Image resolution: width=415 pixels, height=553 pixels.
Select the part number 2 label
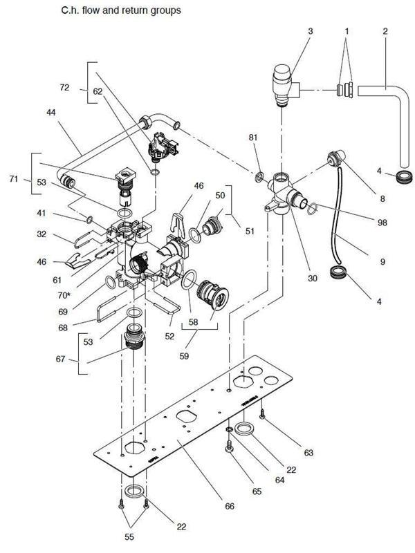pos(385,32)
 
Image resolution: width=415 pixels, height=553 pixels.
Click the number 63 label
pos(308,453)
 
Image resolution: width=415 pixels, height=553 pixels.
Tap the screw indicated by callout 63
pos(263,417)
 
